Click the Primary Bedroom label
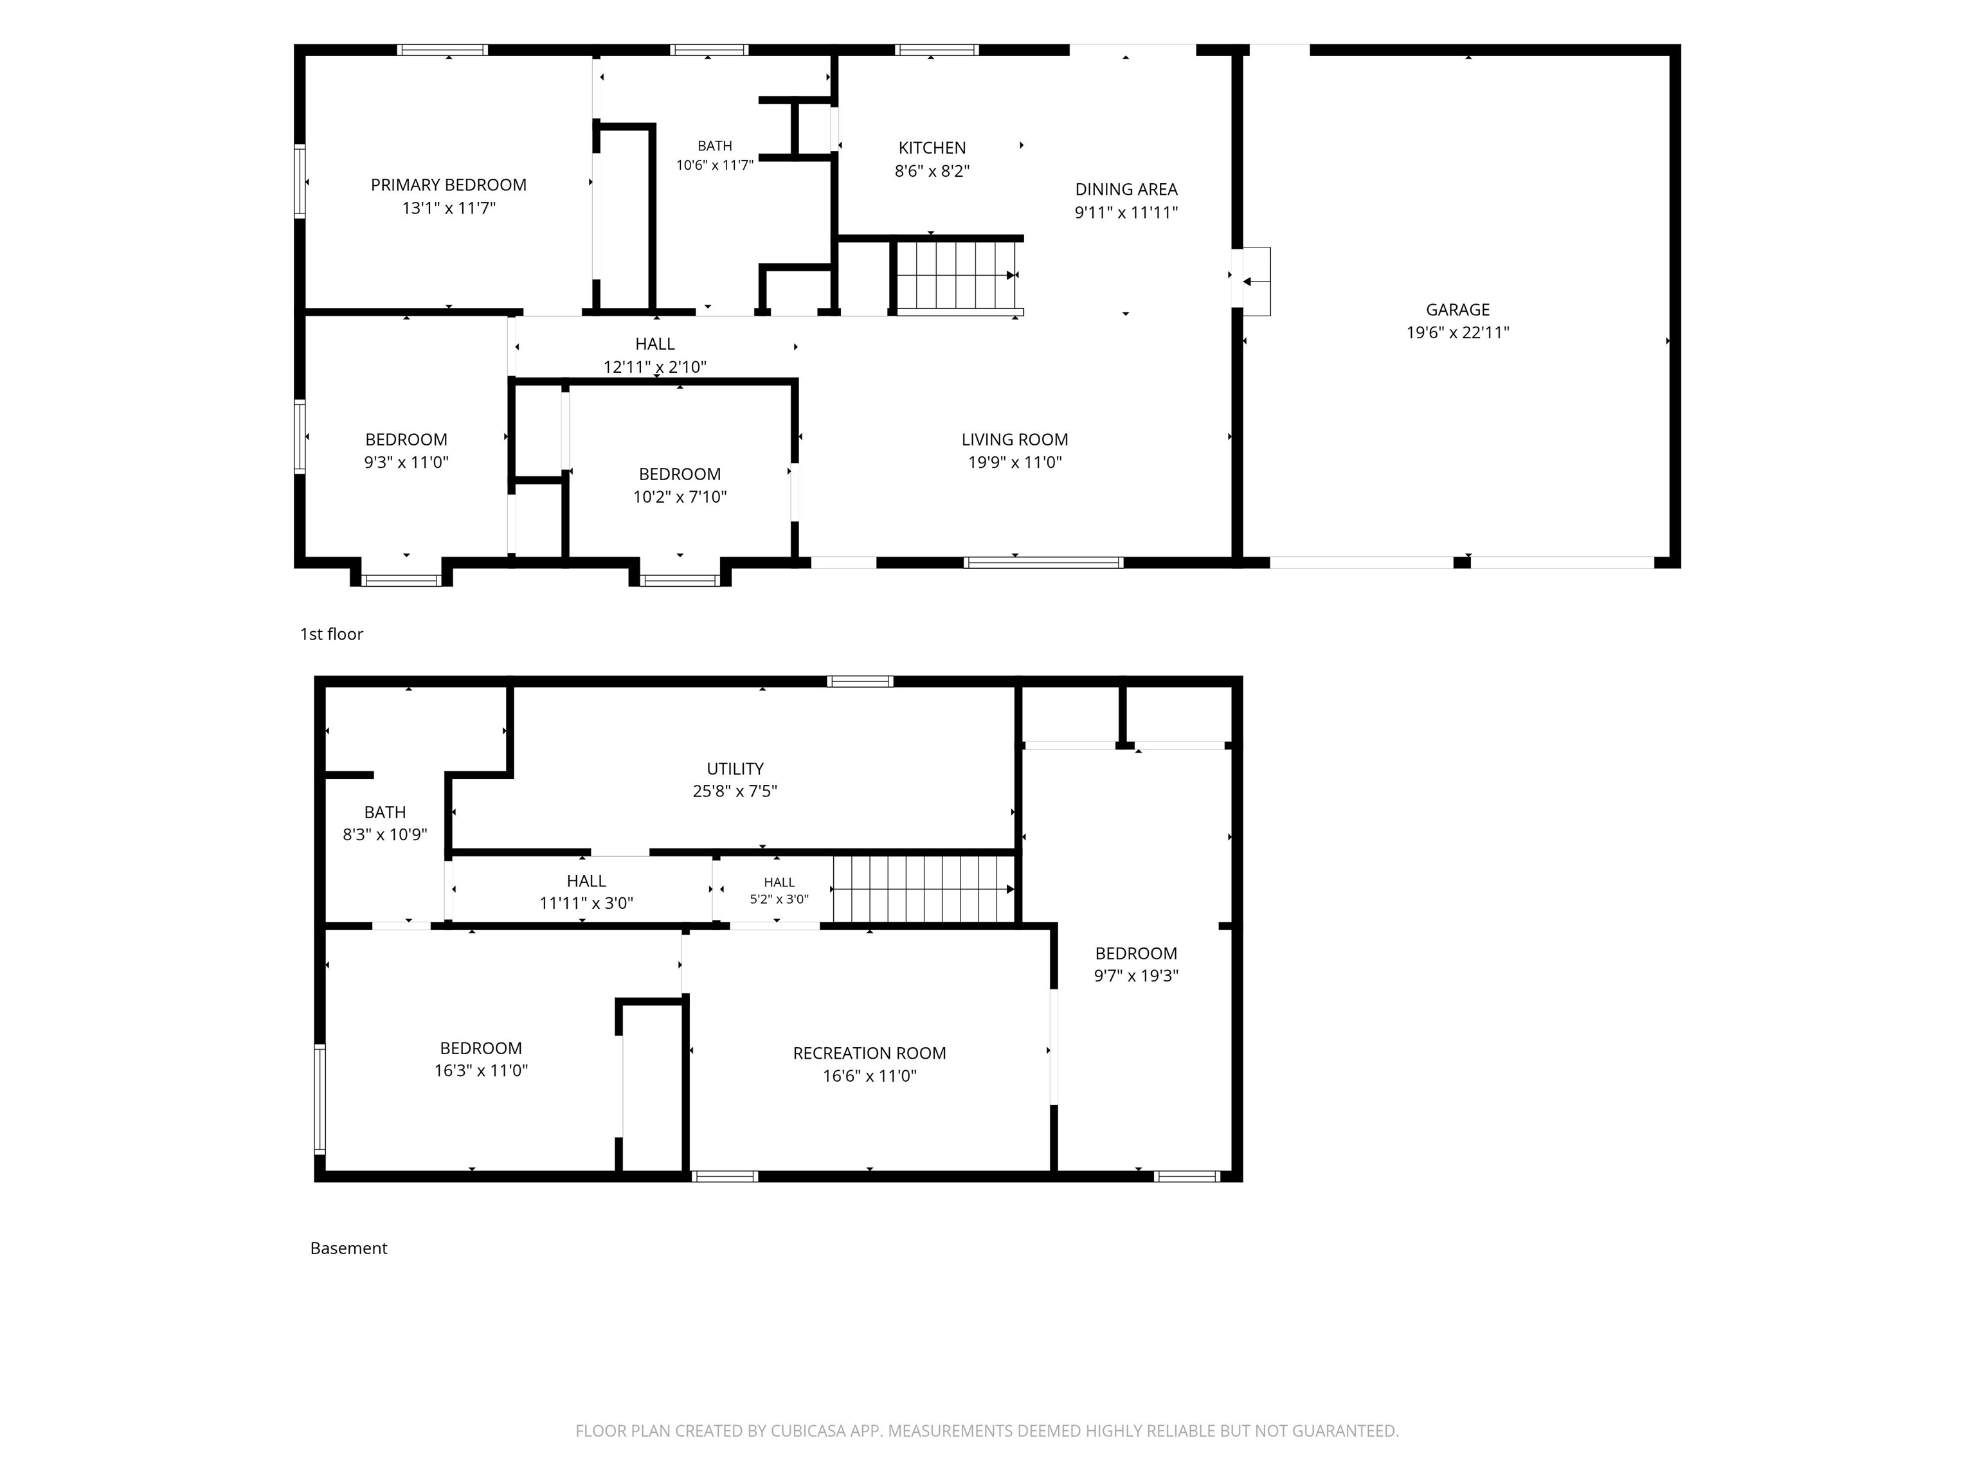(448, 184)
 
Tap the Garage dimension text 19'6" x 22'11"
(1457, 333)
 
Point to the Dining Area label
(1126, 189)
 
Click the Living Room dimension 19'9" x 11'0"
(1015, 462)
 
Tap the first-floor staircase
(957, 276)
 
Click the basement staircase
(924, 889)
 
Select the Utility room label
(735, 769)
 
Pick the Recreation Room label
(870, 1054)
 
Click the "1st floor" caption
(331, 634)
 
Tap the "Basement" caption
(348, 1248)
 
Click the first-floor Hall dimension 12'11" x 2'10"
(654, 367)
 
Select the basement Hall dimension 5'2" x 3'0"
(779, 899)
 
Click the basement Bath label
(385, 812)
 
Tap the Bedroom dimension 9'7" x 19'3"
(1136, 976)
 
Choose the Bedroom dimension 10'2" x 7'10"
(680, 498)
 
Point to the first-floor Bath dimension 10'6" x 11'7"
(714, 165)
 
